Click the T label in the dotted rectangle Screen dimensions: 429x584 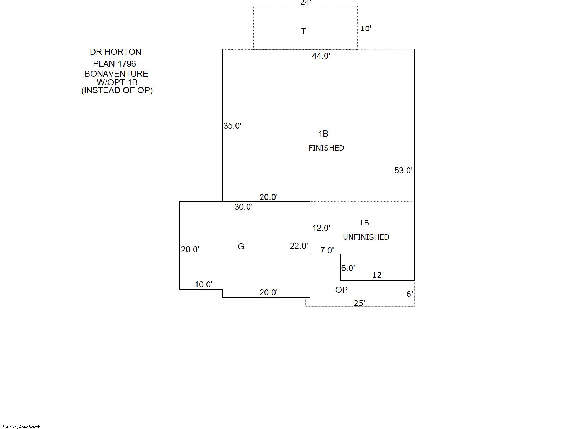point(303,31)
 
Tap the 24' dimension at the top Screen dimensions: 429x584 point(305,3)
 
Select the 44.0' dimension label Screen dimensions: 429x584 point(321,56)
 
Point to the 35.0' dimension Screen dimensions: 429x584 point(232,126)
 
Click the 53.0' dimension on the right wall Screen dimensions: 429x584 point(403,171)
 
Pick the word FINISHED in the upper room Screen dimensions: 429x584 point(326,148)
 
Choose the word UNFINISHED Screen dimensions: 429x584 point(366,237)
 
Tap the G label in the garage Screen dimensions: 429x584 point(241,247)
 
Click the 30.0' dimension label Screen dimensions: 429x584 point(243,207)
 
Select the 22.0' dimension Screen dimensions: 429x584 point(299,246)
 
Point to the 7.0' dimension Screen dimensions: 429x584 point(327,251)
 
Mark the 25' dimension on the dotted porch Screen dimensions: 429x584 point(359,303)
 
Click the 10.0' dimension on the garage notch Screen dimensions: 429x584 point(203,285)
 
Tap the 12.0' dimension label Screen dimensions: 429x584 point(321,228)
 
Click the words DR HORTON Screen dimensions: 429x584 point(115,52)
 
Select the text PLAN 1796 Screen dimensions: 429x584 point(115,64)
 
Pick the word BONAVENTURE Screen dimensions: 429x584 point(116,74)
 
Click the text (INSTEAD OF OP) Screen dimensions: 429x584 point(117,90)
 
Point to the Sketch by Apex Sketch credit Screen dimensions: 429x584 point(21,427)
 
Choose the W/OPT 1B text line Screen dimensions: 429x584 point(117,82)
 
